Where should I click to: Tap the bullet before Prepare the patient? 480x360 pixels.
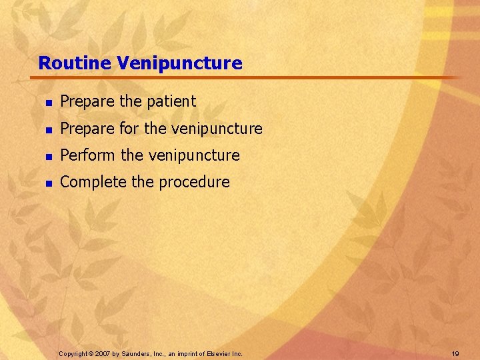tap(48, 102)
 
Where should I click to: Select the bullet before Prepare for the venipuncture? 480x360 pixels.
tap(48, 129)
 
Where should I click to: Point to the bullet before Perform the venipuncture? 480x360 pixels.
tap(48, 155)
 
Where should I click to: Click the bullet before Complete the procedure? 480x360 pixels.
tap(48, 182)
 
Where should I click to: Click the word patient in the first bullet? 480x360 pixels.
tap(171, 102)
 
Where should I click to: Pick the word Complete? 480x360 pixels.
tap(92, 182)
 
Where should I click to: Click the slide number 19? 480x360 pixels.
tap(455, 353)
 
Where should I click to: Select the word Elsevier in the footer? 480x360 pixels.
tap(219, 353)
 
